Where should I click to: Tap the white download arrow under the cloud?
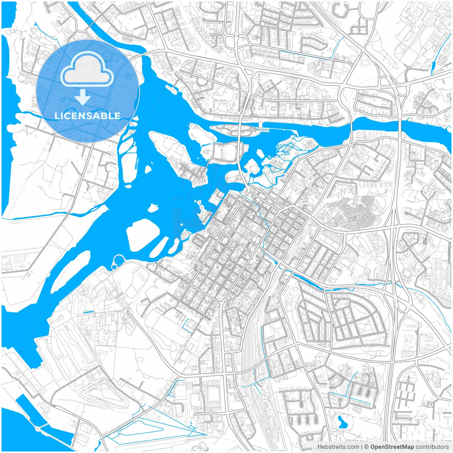(82, 97)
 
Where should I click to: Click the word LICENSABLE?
(87, 116)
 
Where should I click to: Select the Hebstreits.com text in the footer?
(338, 447)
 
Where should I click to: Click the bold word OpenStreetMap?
(392, 447)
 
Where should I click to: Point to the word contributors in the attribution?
(432, 447)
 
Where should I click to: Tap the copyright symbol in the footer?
(367, 447)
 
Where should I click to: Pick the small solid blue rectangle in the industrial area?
(88, 312)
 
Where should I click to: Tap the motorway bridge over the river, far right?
(399, 124)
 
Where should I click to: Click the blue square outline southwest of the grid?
(190, 325)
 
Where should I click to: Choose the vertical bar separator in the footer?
(361, 447)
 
